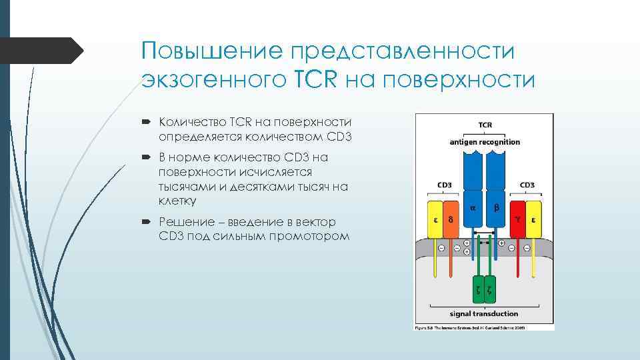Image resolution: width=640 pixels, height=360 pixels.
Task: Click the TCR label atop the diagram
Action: pyautogui.click(x=485, y=125)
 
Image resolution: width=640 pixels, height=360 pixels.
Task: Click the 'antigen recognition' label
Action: pyautogui.click(x=485, y=141)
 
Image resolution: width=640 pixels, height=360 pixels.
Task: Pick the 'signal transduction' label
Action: pyautogui.click(x=485, y=313)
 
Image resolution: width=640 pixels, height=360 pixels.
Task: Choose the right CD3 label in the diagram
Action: pyautogui.click(x=527, y=185)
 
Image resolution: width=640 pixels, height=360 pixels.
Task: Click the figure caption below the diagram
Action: pyautogui.click(x=485, y=327)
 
